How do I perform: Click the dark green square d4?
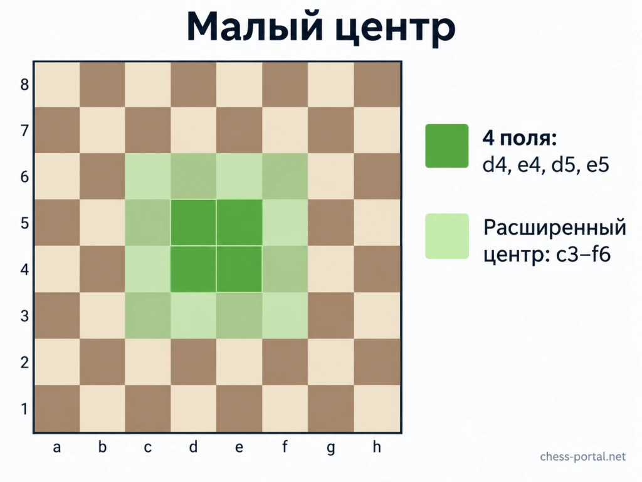click(x=193, y=269)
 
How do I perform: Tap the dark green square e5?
click(x=239, y=223)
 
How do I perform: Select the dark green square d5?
click(x=193, y=223)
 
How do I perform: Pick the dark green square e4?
click(x=239, y=269)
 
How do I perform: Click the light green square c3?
click(x=148, y=316)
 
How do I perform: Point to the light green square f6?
click(x=285, y=176)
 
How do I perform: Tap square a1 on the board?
click(x=56, y=408)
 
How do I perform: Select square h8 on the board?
click(x=377, y=85)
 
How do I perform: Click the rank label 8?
click(x=24, y=85)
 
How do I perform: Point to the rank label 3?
click(x=24, y=316)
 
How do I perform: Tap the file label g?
click(x=331, y=447)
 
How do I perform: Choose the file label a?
click(x=56, y=447)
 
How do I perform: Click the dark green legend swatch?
click(x=446, y=146)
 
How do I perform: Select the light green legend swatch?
click(x=446, y=236)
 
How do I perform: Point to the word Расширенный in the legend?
click(x=555, y=228)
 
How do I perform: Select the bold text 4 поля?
click(x=520, y=138)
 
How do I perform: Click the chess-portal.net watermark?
click(x=582, y=457)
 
